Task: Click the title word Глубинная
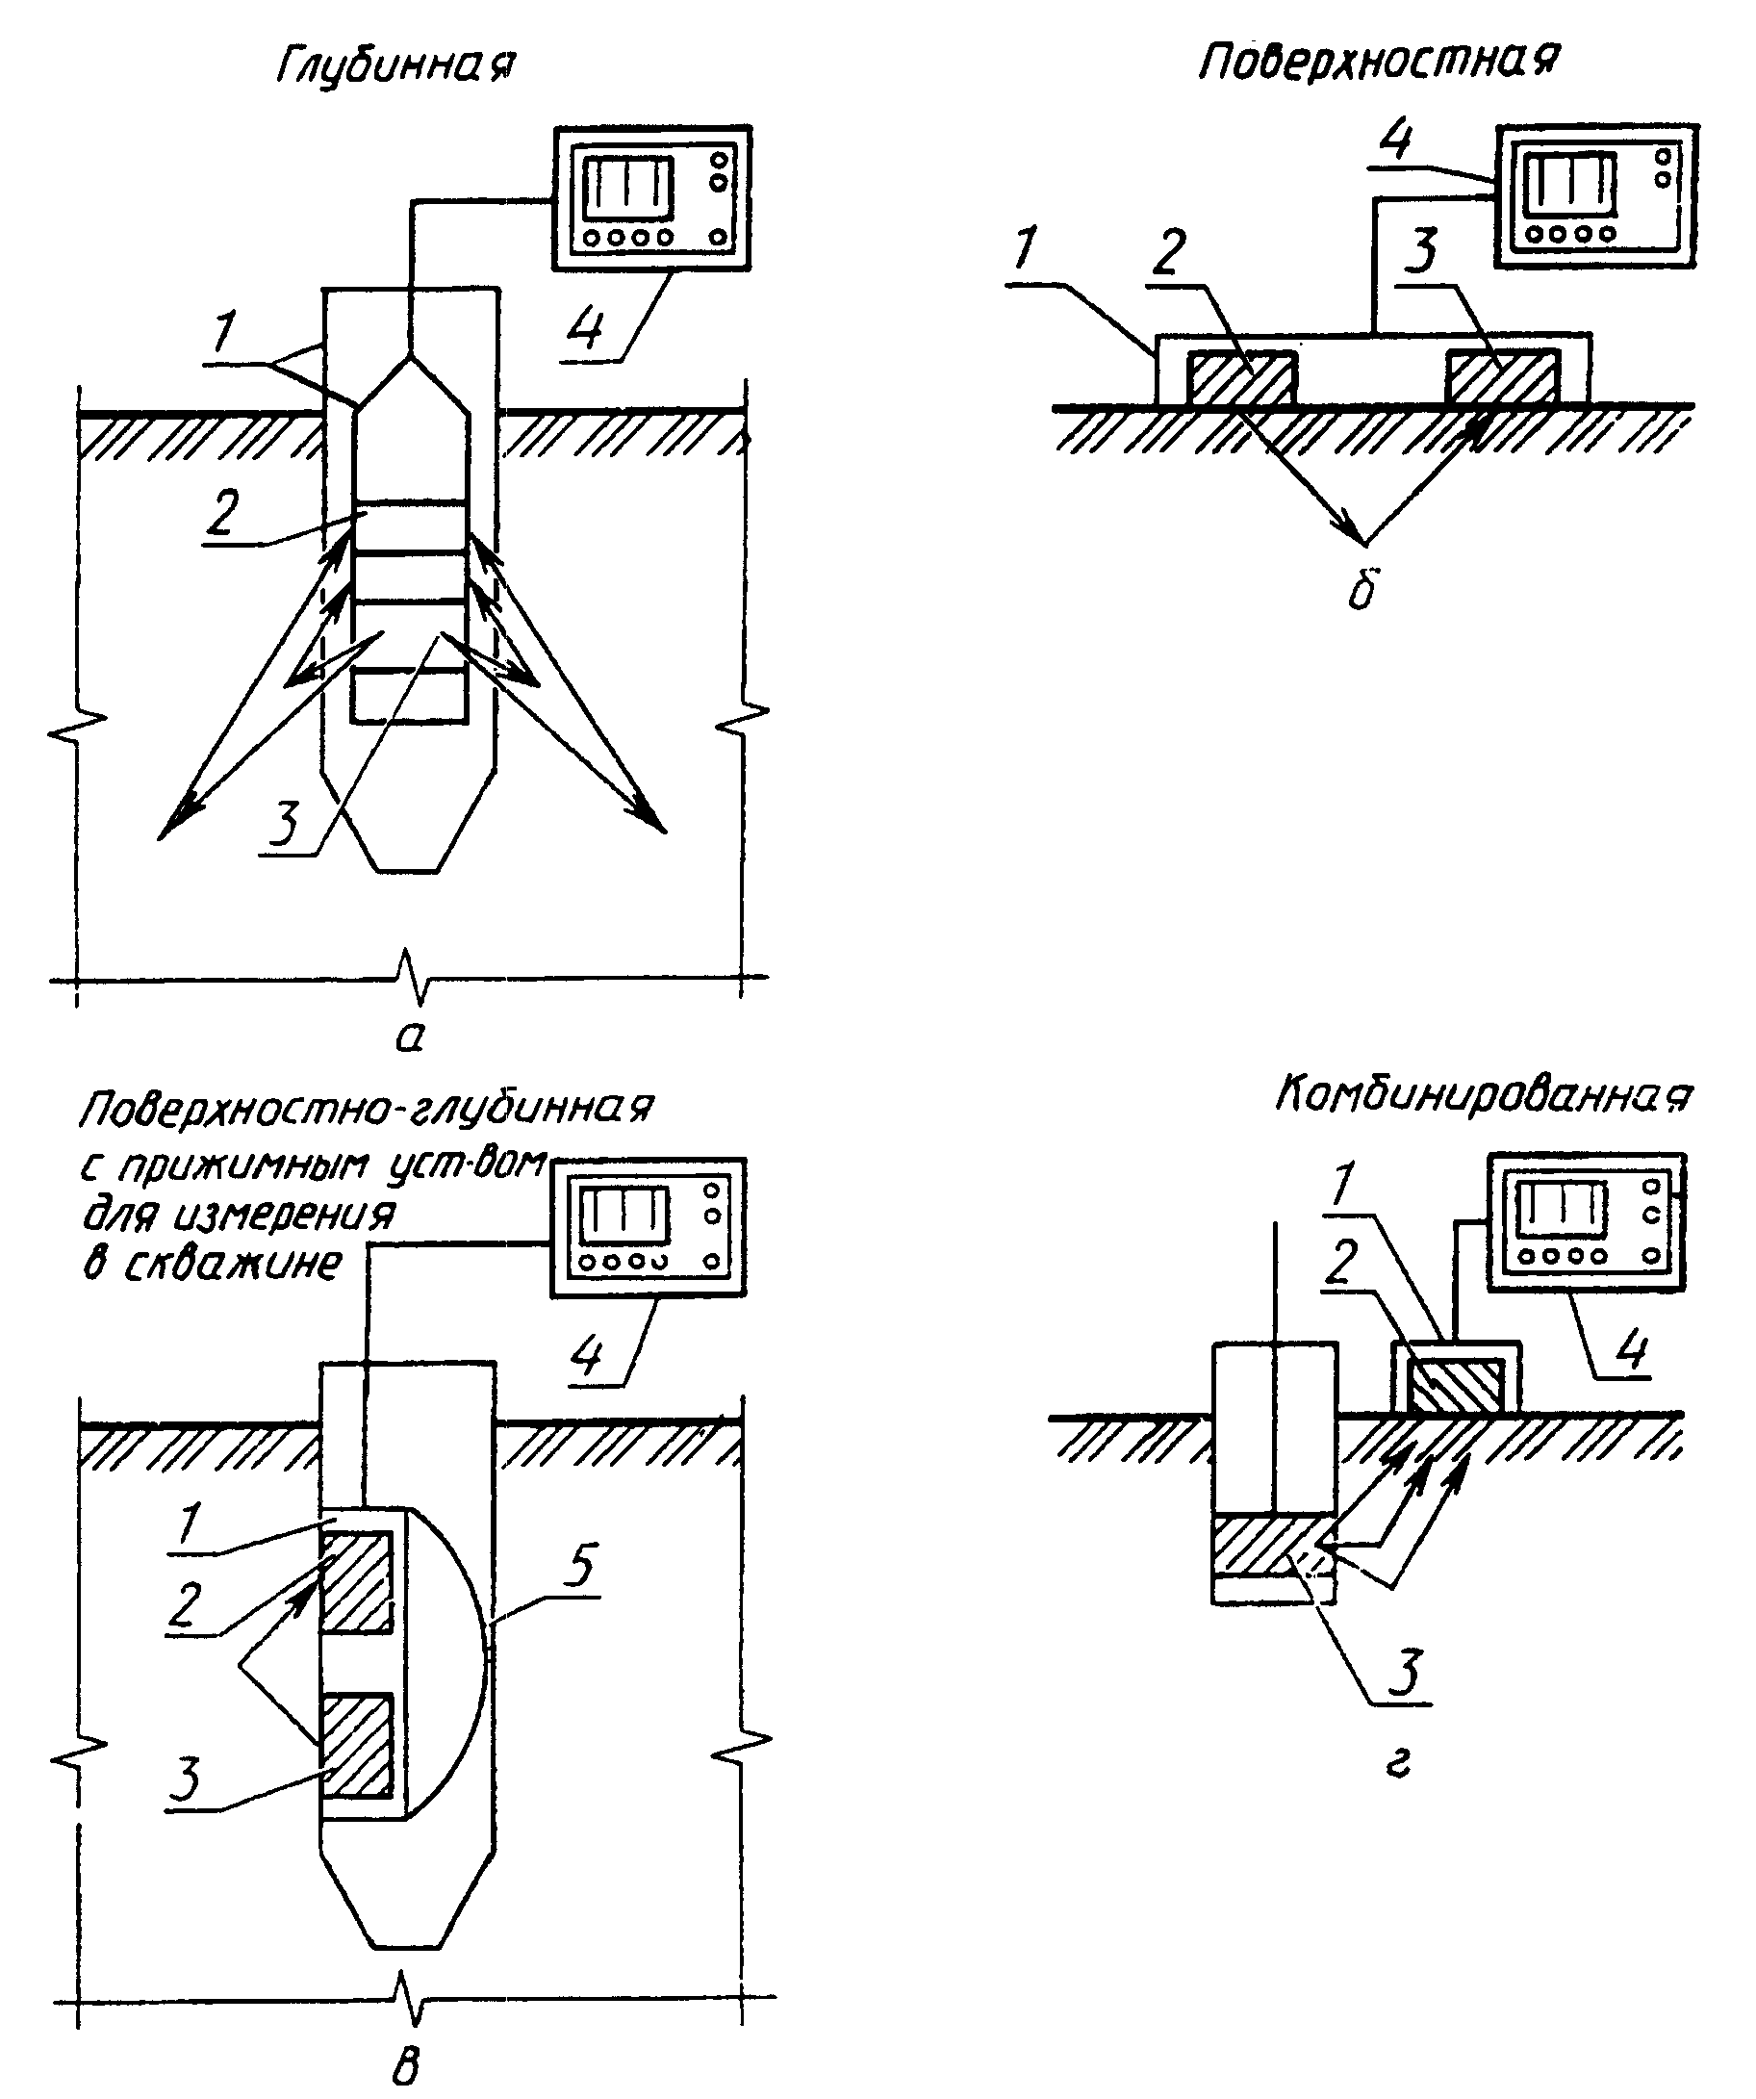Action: point(395,68)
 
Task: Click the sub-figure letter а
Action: point(410,1037)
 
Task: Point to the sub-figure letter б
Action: point(1362,590)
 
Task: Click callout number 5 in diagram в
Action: point(579,1564)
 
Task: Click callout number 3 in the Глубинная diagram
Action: point(285,823)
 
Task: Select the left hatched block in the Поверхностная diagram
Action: point(1239,380)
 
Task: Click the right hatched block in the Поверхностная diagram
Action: point(1501,380)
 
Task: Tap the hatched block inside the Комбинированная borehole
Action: point(1273,1546)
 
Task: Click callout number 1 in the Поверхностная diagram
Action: point(1026,249)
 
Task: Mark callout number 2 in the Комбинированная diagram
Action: point(1342,1262)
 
